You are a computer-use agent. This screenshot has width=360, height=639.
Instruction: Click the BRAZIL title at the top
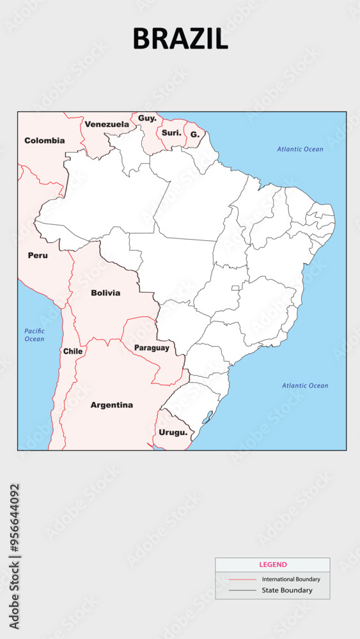tap(180, 39)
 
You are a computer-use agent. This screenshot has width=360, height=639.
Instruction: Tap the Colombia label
tap(45, 140)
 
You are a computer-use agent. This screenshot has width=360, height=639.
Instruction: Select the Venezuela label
tap(107, 124)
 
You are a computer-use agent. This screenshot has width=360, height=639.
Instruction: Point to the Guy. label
tap(147, 118)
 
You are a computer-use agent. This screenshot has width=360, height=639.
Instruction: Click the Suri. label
tap(171, 133)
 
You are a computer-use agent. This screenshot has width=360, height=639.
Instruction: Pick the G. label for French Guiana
tap(195, 135)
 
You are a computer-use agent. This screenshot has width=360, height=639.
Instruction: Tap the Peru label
tap(38, 255)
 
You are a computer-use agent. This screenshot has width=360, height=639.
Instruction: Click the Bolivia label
tap(106, 293)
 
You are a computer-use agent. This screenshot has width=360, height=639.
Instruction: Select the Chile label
tap(73, 351)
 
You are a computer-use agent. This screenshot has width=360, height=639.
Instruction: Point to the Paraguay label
tap(152, 348)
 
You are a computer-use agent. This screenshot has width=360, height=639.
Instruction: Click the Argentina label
tap(112, 404)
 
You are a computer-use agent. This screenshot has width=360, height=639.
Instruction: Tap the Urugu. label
tap(173, 432)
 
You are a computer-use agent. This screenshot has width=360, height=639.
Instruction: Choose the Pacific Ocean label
tap(35, 335)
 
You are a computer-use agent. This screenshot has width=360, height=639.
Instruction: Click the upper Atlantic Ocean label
tap(300, 149)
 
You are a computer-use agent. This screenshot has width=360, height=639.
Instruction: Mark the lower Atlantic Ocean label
tap(305, 385)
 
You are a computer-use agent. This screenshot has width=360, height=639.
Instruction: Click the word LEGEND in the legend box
tap(272, 565)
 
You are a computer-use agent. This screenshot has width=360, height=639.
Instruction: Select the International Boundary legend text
tap(291, 579)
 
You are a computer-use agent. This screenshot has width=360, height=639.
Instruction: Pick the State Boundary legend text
tap(287, 590)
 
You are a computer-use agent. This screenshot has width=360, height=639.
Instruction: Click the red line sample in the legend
tap(242, 580)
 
